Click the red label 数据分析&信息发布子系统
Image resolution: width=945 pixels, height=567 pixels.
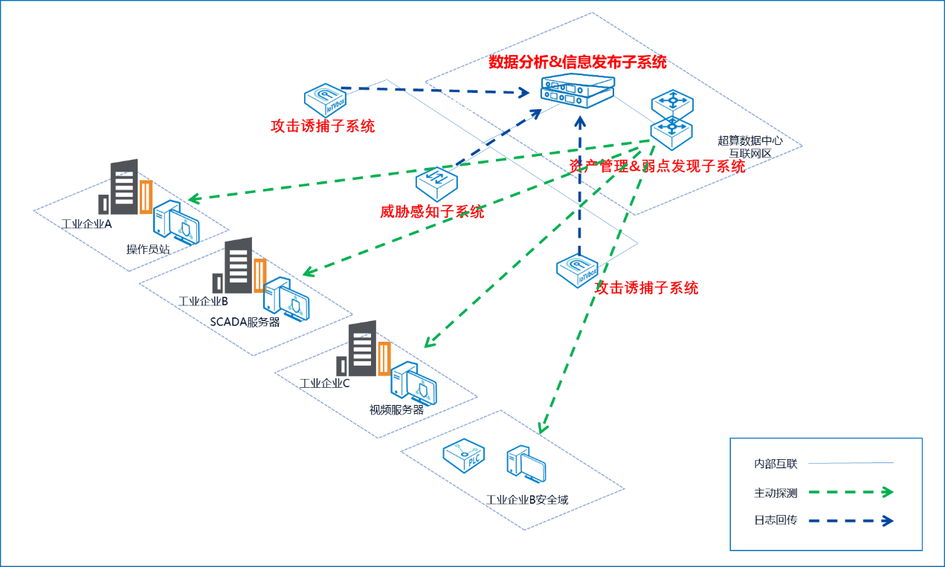577,62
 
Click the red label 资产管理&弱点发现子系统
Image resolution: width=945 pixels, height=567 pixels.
657,166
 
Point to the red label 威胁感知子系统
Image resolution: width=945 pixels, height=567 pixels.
432,213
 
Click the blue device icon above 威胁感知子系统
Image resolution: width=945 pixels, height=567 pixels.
436,182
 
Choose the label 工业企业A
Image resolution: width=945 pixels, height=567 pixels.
87,224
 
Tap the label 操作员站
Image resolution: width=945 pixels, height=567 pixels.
148,249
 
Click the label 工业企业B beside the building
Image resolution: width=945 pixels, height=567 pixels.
203,301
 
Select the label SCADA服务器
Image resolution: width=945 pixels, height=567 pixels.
245,322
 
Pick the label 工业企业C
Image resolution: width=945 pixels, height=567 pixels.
324,383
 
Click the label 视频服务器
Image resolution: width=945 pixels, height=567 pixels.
396,409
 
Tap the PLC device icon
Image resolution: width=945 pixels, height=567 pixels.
464,456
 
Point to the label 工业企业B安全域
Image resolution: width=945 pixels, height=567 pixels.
526,499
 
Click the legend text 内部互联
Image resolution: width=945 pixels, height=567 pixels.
775,464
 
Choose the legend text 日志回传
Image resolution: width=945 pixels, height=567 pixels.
775,520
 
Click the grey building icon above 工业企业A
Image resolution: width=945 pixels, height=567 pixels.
123,187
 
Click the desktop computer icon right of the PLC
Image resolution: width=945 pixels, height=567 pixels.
526,465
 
